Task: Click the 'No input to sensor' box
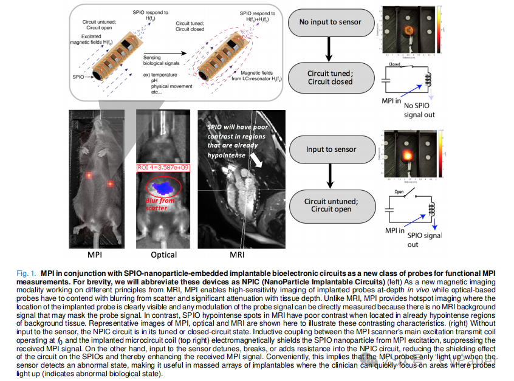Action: tap(330, 22)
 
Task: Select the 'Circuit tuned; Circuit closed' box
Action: tap(330, 77)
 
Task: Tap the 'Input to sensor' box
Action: tap(330, 149)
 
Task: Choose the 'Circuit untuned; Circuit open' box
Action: tap(330, 204)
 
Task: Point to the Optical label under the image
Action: tap(163, 255)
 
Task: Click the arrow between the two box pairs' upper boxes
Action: tap(330, 50)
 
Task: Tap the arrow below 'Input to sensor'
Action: tap(330, 177)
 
